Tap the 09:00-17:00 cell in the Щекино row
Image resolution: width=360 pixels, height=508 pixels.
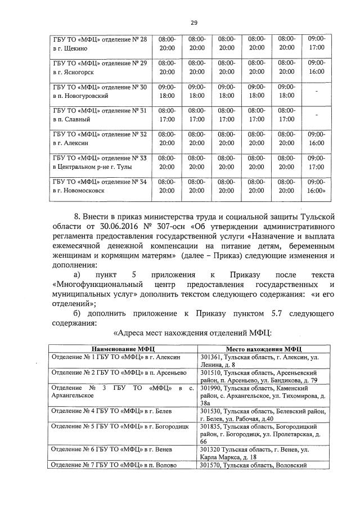click(317, 43)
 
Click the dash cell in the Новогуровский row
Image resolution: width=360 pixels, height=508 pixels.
click(317, 91)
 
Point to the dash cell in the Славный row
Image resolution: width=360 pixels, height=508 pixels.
click(317, 115)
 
